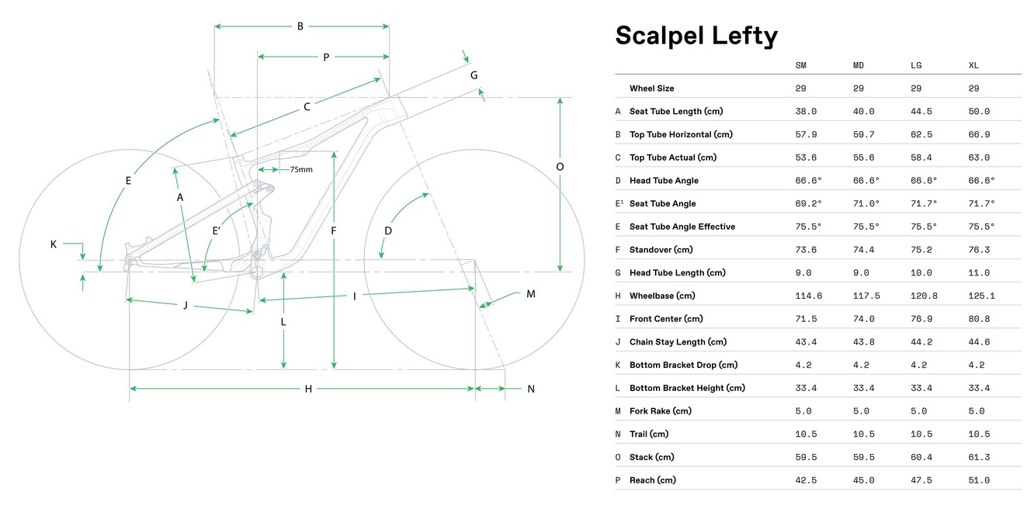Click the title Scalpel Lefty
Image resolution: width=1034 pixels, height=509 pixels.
[696, 36]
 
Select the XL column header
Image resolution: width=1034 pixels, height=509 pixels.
[973, 65]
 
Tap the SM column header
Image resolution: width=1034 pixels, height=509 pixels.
[800, 65]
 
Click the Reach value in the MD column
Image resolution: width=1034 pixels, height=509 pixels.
[863, 480]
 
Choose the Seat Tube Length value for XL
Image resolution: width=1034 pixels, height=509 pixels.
[979, 112]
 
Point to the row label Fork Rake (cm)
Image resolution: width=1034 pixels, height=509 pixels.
[661, 411]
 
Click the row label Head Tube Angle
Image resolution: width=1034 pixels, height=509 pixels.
[664, 181]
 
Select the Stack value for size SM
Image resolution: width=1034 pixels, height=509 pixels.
[805, 457]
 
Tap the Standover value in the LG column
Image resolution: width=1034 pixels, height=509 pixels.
[921, 250]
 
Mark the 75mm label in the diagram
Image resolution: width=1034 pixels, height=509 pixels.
[301, 169]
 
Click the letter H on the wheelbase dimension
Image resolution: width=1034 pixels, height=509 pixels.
[308, 389]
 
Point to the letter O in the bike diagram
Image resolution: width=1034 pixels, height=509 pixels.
[560, 167]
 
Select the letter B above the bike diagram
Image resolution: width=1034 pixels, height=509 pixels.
[300, 26]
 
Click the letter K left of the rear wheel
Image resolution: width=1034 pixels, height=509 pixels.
[54, 244]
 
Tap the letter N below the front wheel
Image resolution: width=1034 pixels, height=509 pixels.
[531, 389]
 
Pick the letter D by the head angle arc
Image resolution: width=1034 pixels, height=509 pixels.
[388, 230]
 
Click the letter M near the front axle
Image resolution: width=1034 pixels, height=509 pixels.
[531, 294]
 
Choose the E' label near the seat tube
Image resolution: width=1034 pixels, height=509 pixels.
[218, 230]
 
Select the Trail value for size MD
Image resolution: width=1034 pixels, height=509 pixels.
[863, 435]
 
